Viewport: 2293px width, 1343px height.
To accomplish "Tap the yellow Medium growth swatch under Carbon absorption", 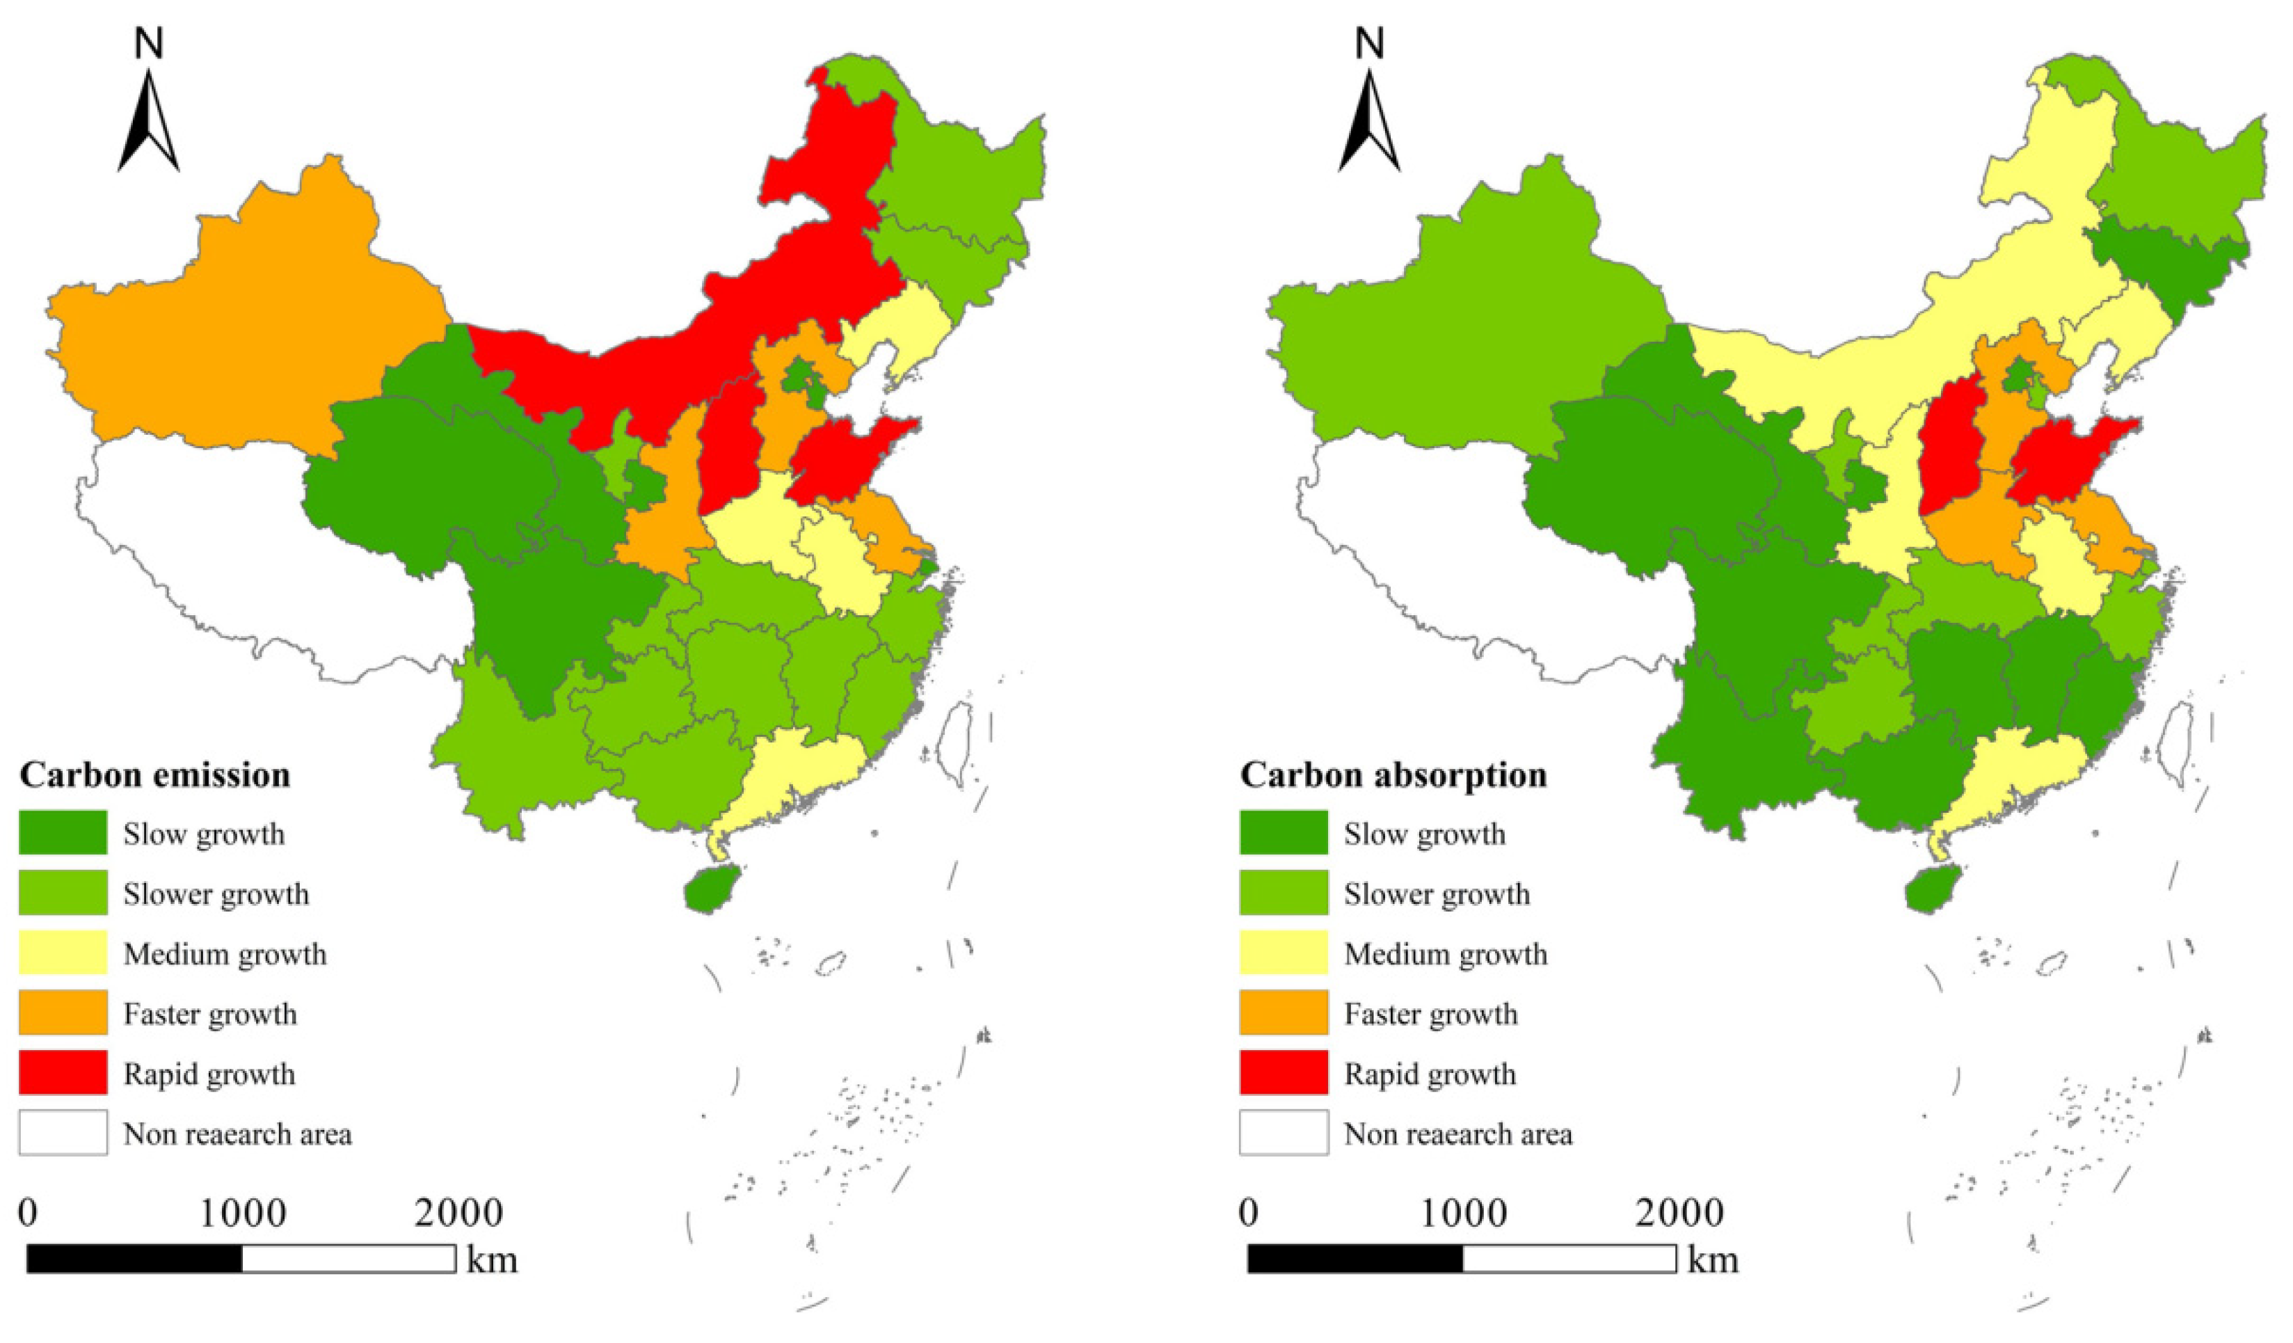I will coord(1283,953).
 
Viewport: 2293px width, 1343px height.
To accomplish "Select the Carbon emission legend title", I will coord(154,774).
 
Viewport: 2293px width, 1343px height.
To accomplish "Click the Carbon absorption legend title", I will coord(1393,774).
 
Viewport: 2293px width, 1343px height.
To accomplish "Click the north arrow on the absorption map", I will coord(1368,118).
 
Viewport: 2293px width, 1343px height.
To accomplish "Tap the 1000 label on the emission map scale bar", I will coord(243,1213).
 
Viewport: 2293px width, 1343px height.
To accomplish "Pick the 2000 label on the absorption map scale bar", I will coord(1679,1213).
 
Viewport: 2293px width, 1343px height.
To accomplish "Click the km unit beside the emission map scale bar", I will coord(493,1259).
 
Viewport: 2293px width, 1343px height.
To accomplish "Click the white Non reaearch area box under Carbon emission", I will coord(63,1132).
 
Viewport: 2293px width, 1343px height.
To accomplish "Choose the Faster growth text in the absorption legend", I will coord(1430,1014).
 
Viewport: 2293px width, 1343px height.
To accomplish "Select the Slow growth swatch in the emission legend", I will coord(63,832).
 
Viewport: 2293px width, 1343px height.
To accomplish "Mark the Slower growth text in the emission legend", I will coord(216,893).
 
